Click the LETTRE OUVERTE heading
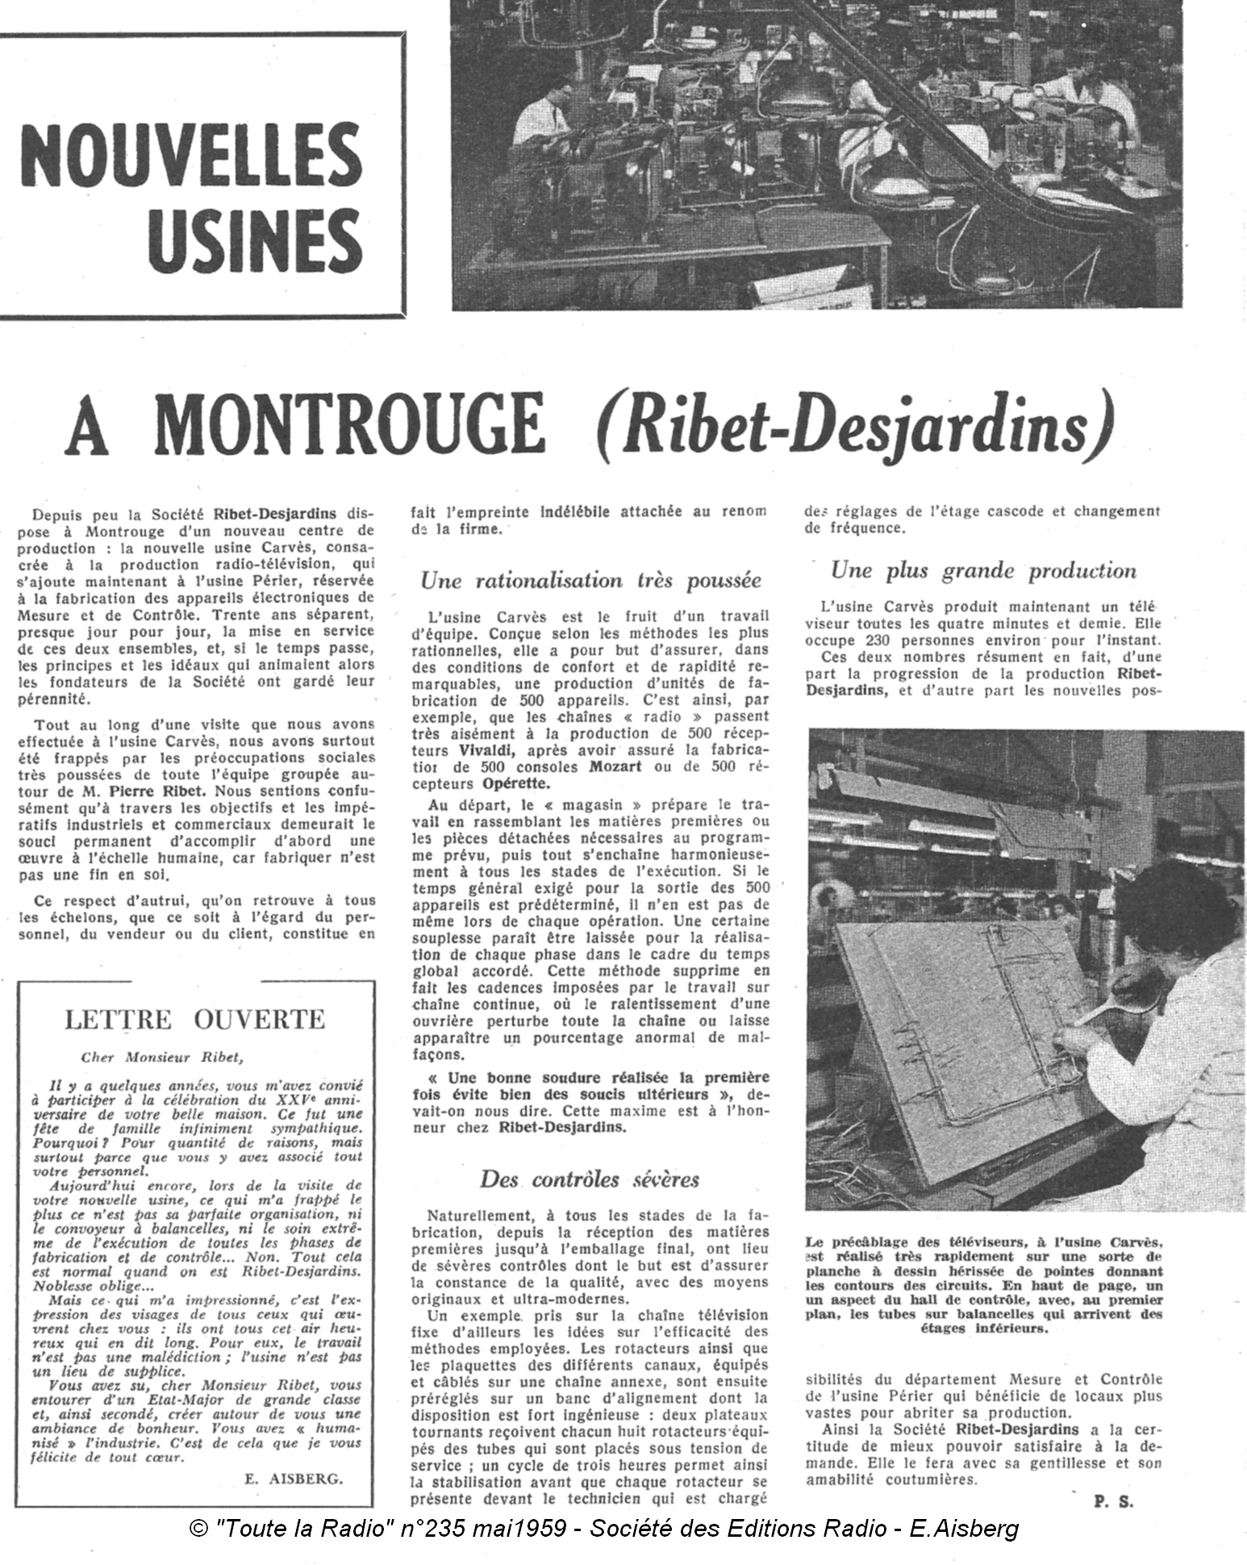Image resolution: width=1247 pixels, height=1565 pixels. (x=194, y=1019)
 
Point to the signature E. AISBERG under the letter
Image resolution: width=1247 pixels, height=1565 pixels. (x=292, y=1478)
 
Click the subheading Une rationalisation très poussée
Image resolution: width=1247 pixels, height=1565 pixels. (x=590, y=580)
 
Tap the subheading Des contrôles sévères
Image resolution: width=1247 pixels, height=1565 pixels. (x=590, y=1179)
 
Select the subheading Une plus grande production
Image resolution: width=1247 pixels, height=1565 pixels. (x=983, y=571)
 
